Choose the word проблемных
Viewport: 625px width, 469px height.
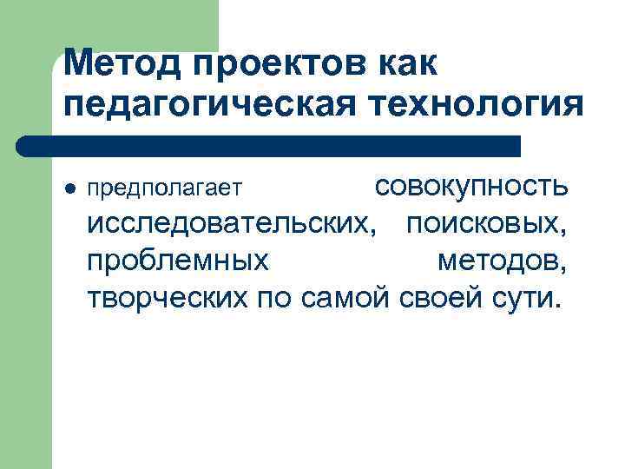[x=177, y=261]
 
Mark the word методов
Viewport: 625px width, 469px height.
[x=503, y=261]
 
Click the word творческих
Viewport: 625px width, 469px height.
[x=169, y=298]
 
